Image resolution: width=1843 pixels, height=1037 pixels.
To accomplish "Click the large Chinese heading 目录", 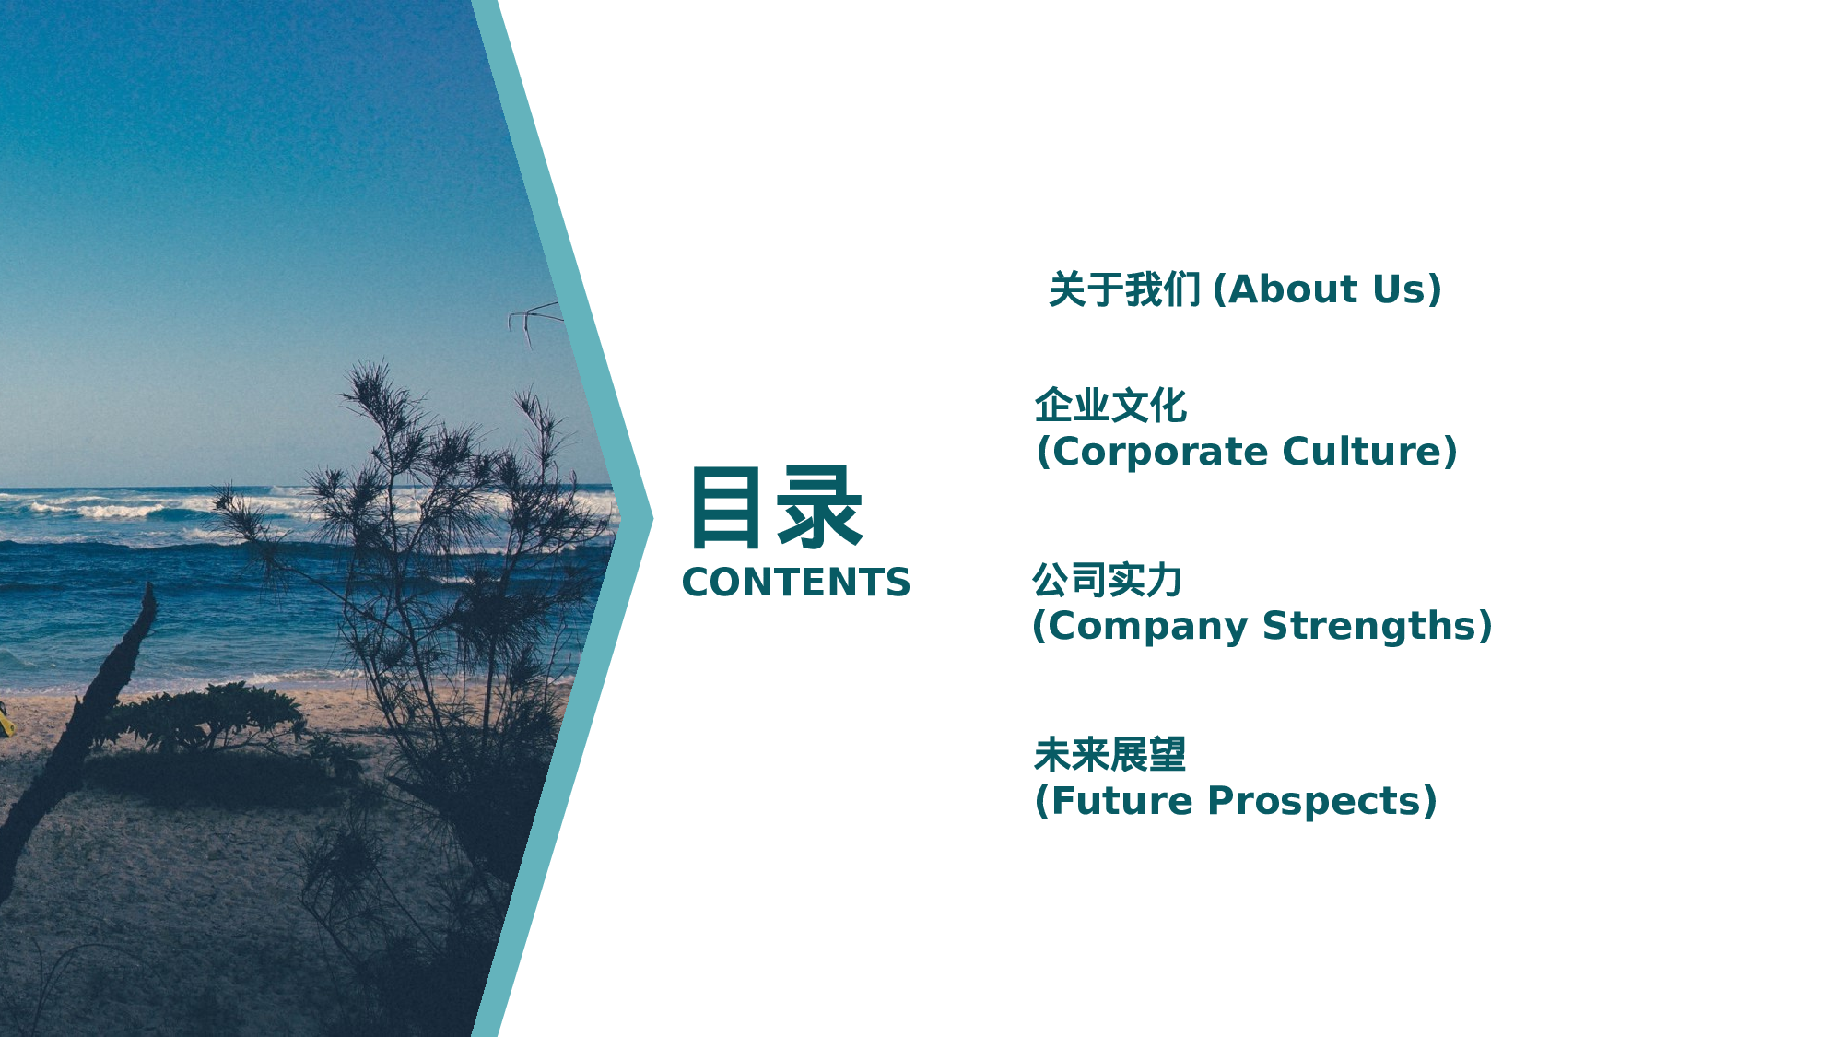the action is pos(776,508).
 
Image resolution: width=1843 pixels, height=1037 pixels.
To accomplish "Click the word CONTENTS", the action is pos(796,583).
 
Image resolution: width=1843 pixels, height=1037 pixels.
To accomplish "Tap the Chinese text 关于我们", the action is pos(1124,289).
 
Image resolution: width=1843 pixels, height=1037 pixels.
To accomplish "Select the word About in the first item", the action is pos(1293,289).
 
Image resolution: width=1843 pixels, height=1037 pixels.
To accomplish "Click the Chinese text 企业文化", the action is pos(1110,406).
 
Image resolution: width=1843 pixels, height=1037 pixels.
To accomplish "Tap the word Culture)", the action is pos(1370,452).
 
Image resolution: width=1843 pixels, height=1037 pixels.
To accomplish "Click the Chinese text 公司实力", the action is pos(1108,580).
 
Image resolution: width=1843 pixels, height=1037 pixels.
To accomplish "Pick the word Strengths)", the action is pos(1378,626).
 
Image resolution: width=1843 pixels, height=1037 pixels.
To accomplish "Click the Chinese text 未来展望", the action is pos(1109,755).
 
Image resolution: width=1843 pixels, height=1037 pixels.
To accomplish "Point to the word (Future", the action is pos(1113,801).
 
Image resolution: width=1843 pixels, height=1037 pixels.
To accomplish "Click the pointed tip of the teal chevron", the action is pos(652,518).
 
